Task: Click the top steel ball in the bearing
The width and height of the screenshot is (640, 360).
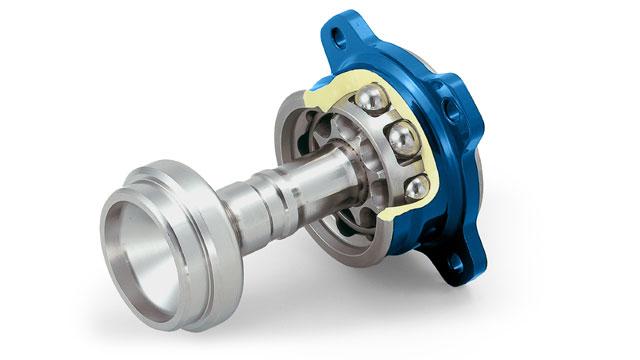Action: tap(373, 99)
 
